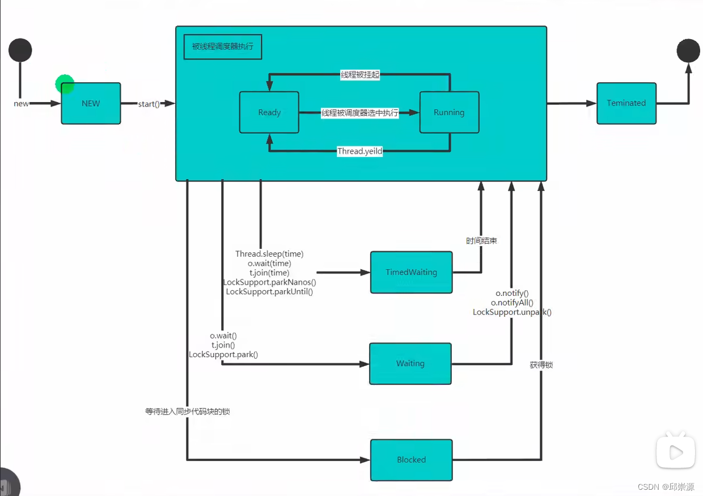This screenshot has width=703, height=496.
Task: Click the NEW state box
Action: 91,103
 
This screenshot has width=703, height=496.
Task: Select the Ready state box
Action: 269,112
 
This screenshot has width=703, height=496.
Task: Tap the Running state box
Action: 449,112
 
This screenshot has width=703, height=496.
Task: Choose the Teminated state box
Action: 626,103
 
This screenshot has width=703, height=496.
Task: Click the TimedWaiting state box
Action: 411,272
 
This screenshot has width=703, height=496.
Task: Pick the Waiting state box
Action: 410,363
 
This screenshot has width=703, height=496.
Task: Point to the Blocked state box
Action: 411,460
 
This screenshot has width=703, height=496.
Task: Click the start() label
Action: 149,104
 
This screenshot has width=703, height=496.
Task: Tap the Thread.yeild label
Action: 359,151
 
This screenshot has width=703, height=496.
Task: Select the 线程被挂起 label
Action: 359,75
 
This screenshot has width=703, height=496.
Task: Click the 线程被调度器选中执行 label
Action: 359,113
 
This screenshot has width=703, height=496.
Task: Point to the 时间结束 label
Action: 481,241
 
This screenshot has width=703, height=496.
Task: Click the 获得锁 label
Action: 541,365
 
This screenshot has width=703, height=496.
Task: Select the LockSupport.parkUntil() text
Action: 269,291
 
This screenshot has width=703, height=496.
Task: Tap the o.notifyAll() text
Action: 512,303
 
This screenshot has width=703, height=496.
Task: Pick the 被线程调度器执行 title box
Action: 223,47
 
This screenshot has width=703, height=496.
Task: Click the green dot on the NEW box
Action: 65,84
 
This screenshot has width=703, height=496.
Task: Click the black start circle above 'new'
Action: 20,50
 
